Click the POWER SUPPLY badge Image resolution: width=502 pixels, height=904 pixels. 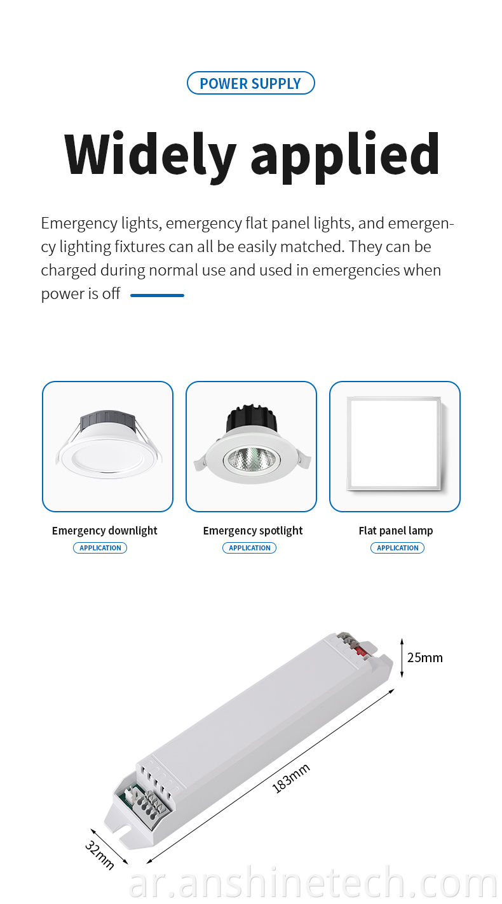pyautogui.click(x=250, y=83)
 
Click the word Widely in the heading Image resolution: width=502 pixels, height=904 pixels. pyautogui.click(x=150, y=156)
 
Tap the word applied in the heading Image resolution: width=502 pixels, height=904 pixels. pyautogui.click(x=345, y=157)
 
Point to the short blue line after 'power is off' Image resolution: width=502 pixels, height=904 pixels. pyautogui.click(x=157, y=295)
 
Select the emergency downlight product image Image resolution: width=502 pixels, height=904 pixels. pyautogui.click(x=108, y=444)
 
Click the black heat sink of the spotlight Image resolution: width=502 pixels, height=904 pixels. pyautogui.click(x=251, y=418)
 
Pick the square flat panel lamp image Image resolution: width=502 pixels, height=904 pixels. pyautogui.click(x=394, y=443)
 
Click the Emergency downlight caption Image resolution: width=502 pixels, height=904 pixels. pyautogui.click(x=105, y=531)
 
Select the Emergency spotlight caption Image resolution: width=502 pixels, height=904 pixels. pyautogui.click(x=253, y=531)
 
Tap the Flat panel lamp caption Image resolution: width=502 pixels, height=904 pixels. pyautogui.click(x=396, y=530)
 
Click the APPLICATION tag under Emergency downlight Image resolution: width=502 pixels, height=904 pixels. pyautogui.click(x=100, y=548)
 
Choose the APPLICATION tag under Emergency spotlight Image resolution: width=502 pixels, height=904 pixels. pyautogui.click(x=250, y=548)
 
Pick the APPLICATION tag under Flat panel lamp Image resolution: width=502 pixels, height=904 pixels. pyautogui.click(x=398, y=548)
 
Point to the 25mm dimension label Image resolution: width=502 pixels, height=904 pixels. pyautogui.click(x=425, y=658)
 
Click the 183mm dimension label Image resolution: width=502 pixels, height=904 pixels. pyautogui.click(x=291, y=778)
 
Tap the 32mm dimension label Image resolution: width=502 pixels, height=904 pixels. pyautogui.click(x=99, y=854)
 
